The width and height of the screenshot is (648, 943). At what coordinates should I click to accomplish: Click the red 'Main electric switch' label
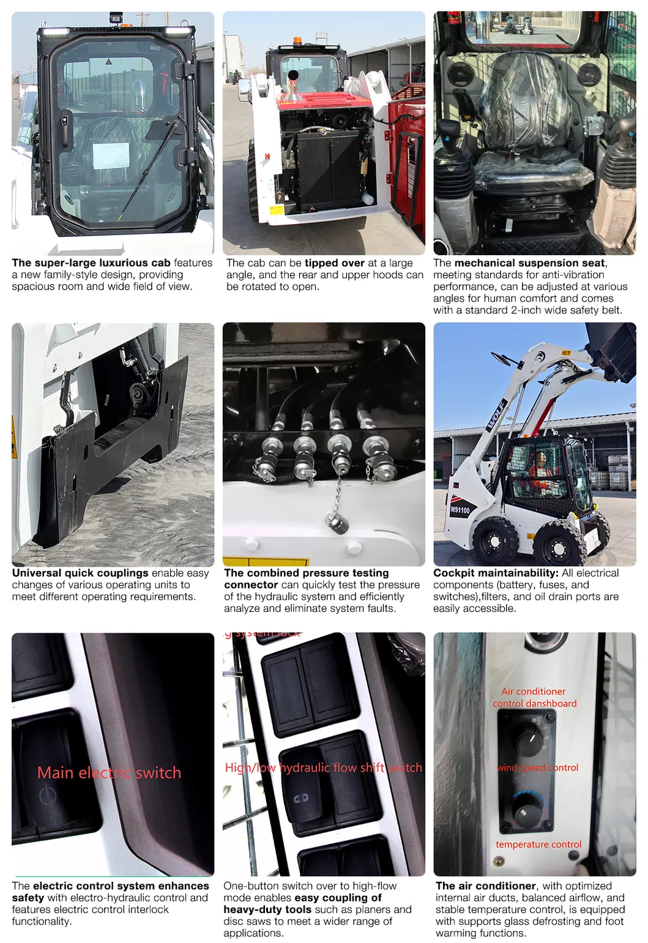pyautogui.click(x=109, y=773)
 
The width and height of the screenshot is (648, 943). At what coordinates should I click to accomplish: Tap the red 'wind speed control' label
pyautogui.click(x=537, y=767)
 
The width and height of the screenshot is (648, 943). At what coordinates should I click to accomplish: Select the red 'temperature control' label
pyautogui.click(x=538, y=844)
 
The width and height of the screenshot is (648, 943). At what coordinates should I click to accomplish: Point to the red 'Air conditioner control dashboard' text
pyautogui.click(x=535, y=698)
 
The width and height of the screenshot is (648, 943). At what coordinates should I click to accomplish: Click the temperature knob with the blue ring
pyautogui.click(x=526, y=810)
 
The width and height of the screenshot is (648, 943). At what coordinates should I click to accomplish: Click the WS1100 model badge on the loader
pyautogui.click(x=460, y=510)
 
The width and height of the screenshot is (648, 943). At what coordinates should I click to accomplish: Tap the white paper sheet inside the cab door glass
pyautogui.click(x=110, y=156)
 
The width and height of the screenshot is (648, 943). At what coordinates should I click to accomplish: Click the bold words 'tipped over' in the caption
pyautogui.click(x=335, y=263)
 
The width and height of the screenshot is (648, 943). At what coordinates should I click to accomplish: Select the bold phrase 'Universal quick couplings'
pyautogui.click(x=80, y=573)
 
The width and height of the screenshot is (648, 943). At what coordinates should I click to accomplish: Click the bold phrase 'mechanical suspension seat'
pyautogui.click(x=529, y=263)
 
